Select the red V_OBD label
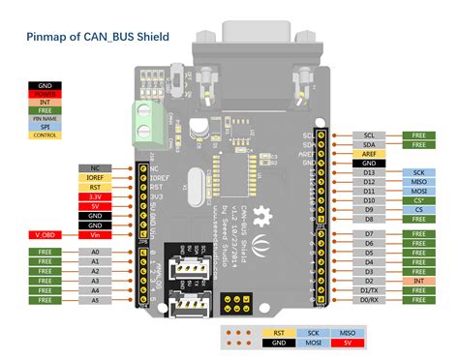click(x=46, y=234)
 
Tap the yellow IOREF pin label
click(x=95, y=178)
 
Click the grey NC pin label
click(x=95, y=168)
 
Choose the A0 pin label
click(x=95, y=252)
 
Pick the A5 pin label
click(x=95, y=299)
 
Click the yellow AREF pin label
click(x=369, y=153)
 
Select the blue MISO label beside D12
click(x=418, y=181)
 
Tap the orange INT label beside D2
click(x=418, y=281)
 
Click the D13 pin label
click(x=369, y=171)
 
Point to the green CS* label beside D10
click(x=418, y=199)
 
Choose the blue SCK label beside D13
click(x=418, y=171)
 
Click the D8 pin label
click(x=369, y=218)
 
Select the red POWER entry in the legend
click(x=46, y=95)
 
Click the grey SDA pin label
click(x=369, y=143)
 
